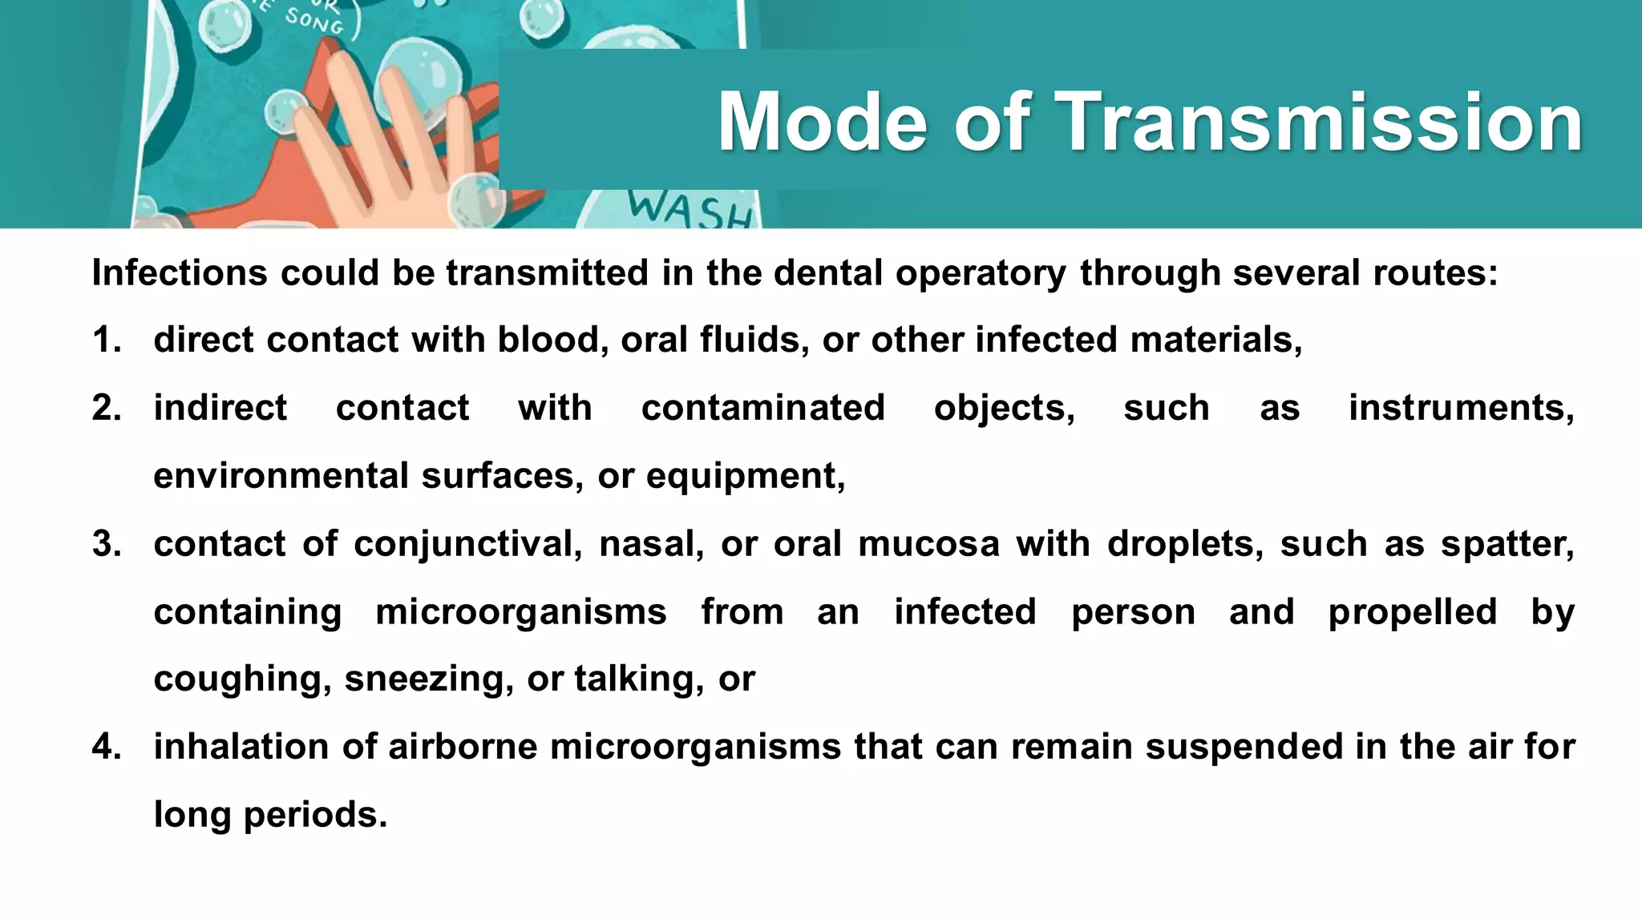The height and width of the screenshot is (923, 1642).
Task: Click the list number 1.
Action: click(106, 340)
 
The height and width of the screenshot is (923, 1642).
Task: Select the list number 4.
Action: click(106, 747)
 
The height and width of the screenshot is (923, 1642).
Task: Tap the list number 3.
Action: click(106, 544)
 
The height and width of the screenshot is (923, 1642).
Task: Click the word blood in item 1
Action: click(548, 340)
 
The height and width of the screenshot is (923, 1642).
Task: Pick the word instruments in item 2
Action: click(1460, 408)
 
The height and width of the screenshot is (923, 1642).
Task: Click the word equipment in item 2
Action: click(744, 477)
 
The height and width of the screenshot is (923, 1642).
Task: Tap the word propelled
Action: click(1412, 612)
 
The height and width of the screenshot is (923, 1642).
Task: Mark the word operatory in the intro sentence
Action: click(980, 273)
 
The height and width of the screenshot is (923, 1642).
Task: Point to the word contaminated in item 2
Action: click(762, 408)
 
